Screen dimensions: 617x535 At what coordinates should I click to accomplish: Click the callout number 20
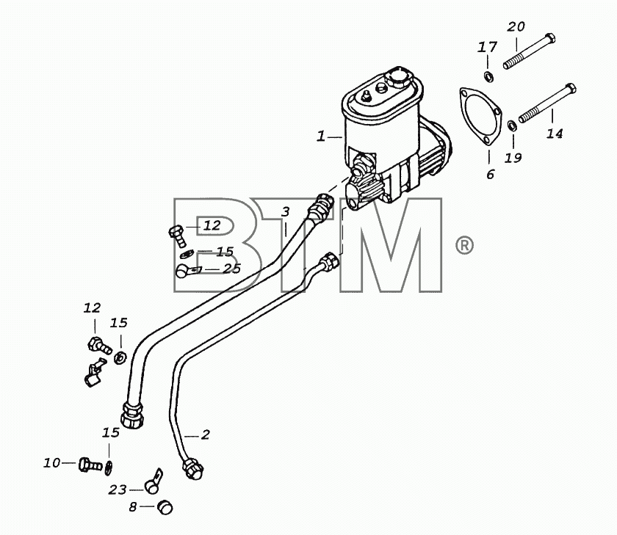[x=516, y=26]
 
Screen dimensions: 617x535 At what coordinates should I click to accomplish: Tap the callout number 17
[x=487, y=47]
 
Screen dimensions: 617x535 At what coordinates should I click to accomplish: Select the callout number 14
[x=555, y=134]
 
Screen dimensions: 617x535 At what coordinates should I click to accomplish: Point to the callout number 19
[x=513, y=158]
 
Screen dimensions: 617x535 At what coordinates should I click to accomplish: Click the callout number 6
[x=490, y=174]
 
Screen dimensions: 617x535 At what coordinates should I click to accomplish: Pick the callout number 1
[x=321, y=137]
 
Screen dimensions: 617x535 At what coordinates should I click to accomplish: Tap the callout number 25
[x=232, y=269]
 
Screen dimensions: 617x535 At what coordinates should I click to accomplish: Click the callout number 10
[x=51, y=463]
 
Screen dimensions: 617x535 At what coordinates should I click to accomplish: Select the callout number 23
[x=118, y=489]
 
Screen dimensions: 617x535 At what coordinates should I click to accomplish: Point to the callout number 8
[x=133, y=507]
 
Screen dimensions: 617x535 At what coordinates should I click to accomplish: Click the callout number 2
[x=206, y=434]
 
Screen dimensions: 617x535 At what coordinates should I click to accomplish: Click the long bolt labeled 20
[x=530, y=51]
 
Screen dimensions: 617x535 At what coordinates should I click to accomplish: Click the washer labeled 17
[x=488, y=76]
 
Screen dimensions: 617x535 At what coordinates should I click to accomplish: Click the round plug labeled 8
[x=165, y=507]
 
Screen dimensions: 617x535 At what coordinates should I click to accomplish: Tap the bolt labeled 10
[x=90, y=465]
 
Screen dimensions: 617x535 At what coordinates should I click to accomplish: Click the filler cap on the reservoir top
[x=398, y=77]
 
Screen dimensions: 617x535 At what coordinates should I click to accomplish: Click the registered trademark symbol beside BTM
[x=464, y=245]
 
